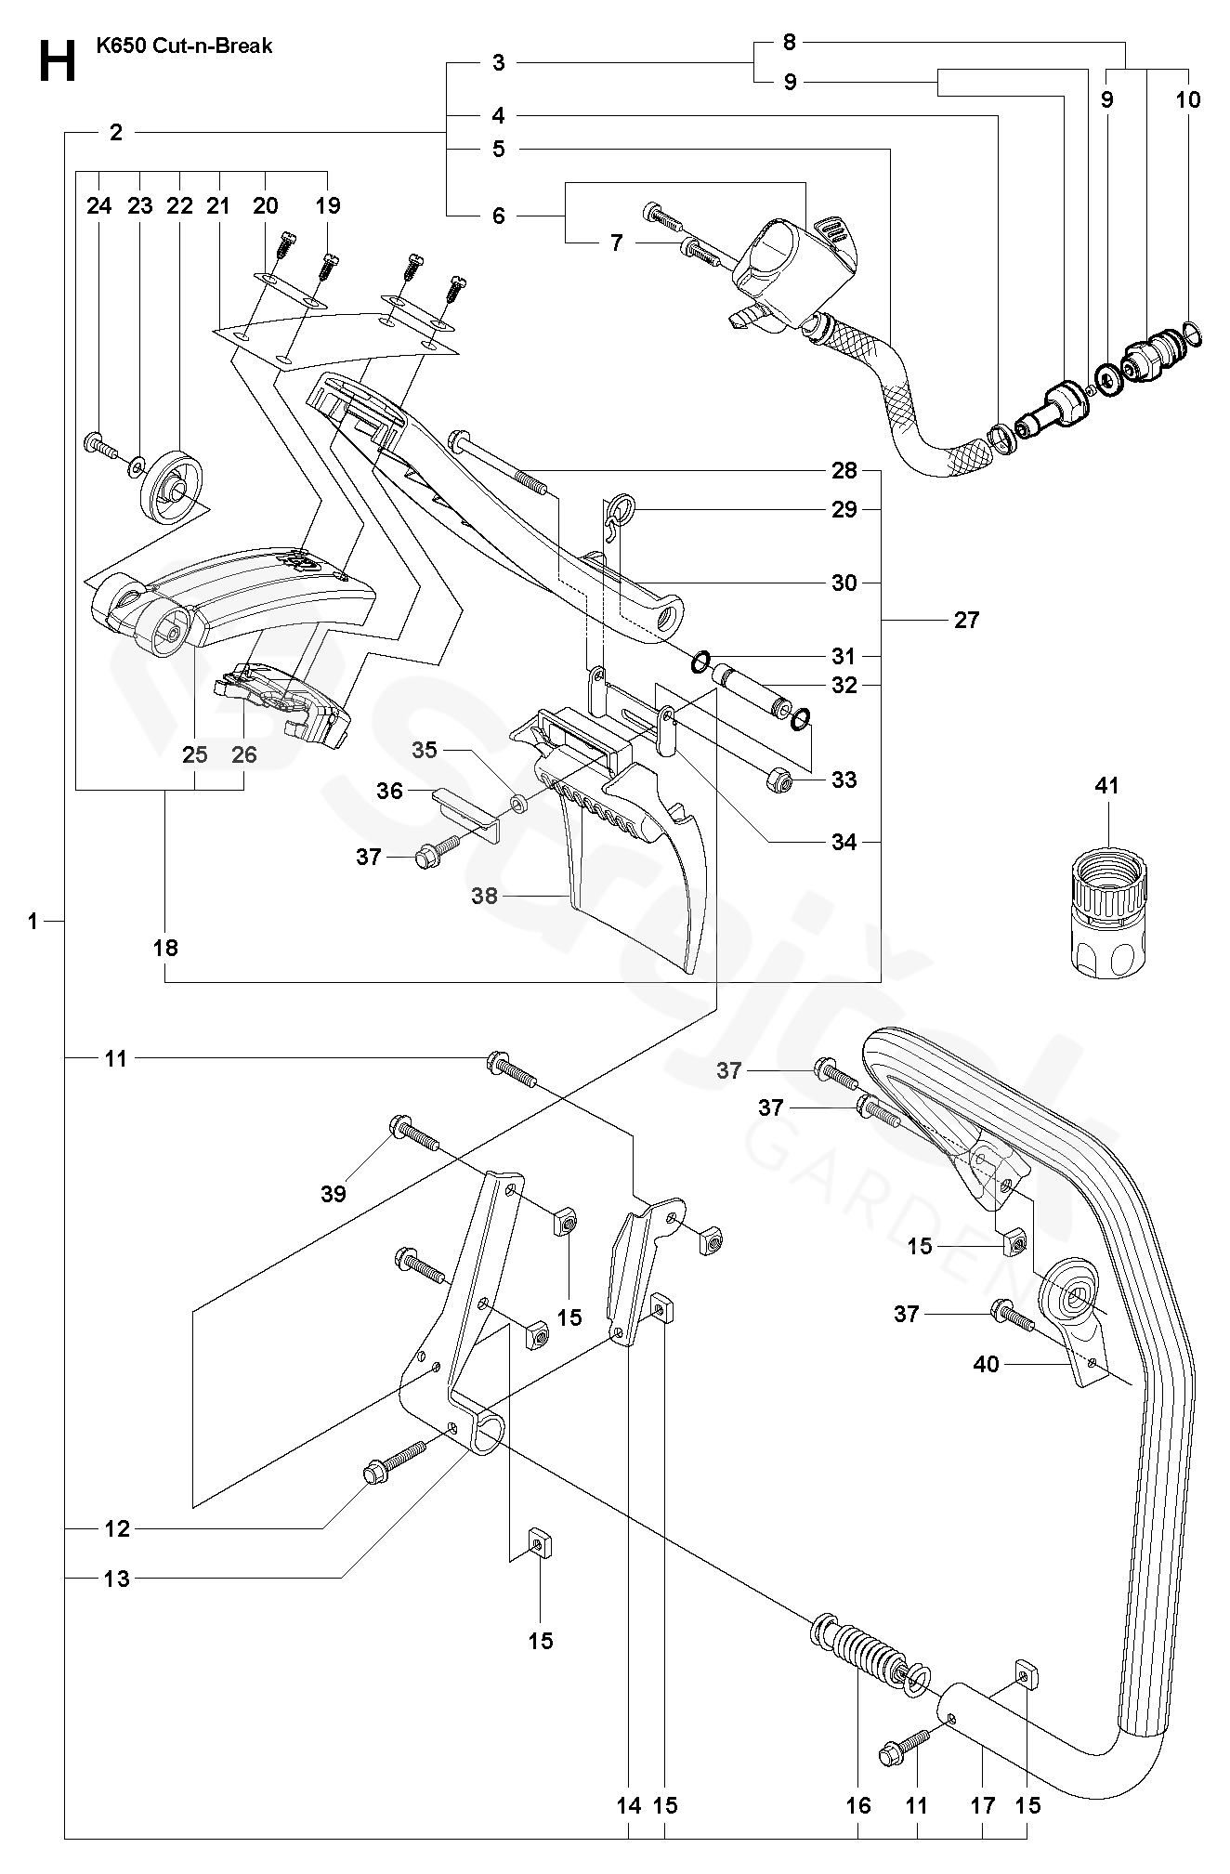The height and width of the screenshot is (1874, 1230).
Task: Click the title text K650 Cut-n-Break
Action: point(184,46)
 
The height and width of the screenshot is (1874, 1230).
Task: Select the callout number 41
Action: point(1106,785)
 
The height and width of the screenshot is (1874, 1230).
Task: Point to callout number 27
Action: point(966,620)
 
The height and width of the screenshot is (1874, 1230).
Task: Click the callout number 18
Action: point(165,948)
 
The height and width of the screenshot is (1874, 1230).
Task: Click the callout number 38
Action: point(484,896)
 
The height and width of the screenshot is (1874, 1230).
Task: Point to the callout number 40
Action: point(986,1364)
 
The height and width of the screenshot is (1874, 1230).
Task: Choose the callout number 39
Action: point(334,1193)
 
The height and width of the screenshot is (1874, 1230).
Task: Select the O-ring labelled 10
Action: point(1194,330)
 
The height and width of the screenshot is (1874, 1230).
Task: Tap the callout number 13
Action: point(117,1579)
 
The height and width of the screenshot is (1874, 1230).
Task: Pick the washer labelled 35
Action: point(518,800)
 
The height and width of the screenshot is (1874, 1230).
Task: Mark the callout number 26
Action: point(244,754)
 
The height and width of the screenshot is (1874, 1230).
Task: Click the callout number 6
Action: point(499,216)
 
